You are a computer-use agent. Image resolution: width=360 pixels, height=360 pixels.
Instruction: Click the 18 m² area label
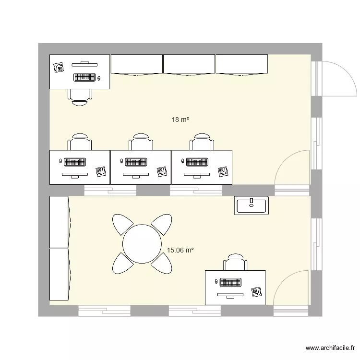click(x=180, y=120)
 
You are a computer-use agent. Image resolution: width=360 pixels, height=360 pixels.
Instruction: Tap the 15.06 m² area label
click(x=180, y=250)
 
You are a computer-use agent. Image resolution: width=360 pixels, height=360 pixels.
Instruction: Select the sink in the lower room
click(x=251, y=205)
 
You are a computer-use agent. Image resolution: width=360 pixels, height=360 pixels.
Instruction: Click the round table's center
click(x=142, y=244)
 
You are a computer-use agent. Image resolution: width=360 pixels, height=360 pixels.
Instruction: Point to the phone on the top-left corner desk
click(x=59, y=67)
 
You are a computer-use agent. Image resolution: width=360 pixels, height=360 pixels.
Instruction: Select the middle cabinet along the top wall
click(x=189, y=64)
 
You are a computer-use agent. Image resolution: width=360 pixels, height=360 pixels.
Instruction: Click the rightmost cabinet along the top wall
click(x=241, y=64)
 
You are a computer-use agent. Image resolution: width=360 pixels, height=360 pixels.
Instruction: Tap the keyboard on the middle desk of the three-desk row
click(x=135, y=162)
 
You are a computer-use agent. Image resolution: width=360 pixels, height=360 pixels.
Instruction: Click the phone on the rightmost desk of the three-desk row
click(x=222, y=172)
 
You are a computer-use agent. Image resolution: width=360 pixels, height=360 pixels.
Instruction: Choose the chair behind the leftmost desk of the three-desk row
click(x=80, y=142)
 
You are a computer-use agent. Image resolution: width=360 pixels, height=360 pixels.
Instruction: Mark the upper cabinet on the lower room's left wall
click(x=60, y=221)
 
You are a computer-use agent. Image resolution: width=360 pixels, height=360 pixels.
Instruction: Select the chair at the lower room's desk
click(x=235, y=262)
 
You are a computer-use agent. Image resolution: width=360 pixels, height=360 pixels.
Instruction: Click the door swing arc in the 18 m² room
click(x=291, y=168)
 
